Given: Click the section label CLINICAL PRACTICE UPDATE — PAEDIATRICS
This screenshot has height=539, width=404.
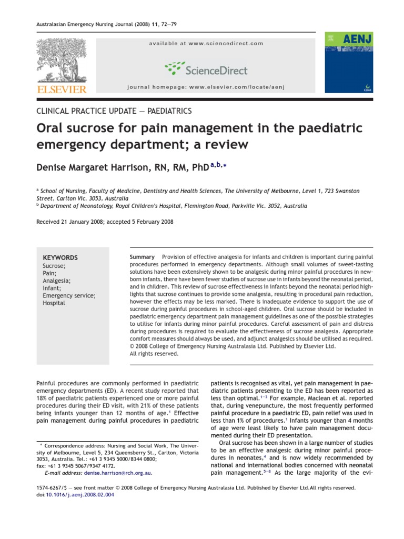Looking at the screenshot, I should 114,111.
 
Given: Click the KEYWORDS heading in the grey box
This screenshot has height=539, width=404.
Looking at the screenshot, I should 60,258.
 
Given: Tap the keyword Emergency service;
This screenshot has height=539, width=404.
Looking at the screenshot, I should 69,296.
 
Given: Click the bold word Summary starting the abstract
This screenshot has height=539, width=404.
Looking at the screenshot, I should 142,256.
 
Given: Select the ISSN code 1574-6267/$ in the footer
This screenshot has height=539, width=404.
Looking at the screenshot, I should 53,488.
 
